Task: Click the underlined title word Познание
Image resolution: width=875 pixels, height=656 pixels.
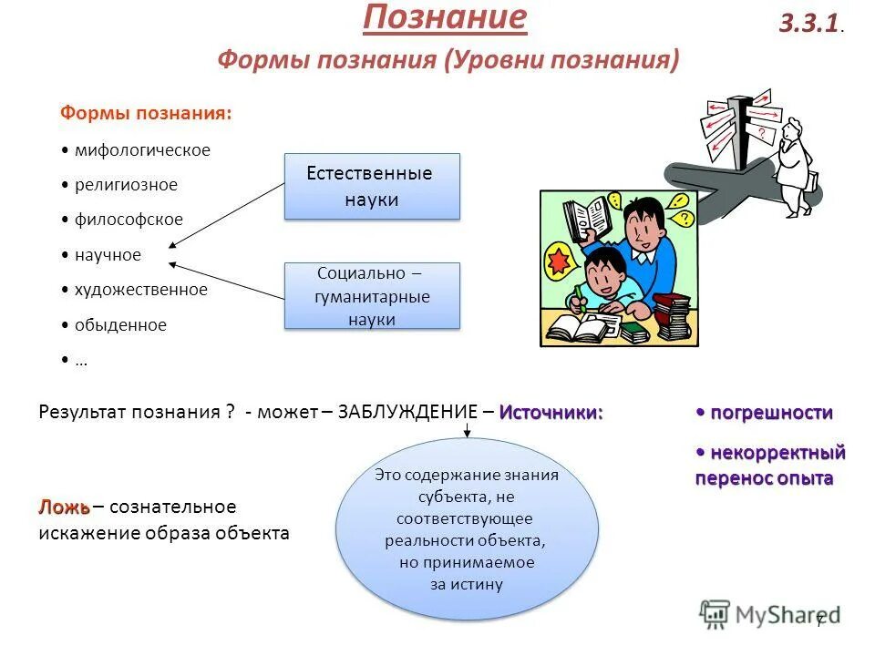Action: click(x=445, y=18)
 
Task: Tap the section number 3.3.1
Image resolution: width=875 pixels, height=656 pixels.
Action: click(x=809, y=24)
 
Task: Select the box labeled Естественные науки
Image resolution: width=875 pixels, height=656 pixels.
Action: click(x=372, y=187)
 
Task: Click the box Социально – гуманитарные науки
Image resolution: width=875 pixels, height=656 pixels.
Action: click(x=372, y=296)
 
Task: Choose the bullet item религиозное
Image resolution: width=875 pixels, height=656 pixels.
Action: click(x=126, y=185)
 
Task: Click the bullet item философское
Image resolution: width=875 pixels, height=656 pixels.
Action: click(x=129, y=220)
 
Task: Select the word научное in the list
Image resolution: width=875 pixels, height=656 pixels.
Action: click(x=108, y=255)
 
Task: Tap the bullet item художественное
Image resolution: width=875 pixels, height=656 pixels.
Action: click(x=140, y=290)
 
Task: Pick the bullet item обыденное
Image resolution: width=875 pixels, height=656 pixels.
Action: click(x=120, y=325)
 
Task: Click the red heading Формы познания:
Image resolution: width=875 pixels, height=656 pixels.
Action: click(x=146, y=113)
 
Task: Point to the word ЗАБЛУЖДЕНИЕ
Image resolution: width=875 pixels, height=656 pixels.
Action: click(x=407, y=412)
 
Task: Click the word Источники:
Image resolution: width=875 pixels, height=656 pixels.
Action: click(x=551, y=412)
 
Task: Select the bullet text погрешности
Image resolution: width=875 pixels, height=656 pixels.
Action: click(x=771, y=413)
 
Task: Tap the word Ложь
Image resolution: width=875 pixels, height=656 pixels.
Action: click(x=63, y=507)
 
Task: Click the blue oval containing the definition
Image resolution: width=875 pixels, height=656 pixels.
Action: click(x=467, y=528)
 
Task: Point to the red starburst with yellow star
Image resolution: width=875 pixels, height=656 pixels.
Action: click(x=562, y=261)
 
